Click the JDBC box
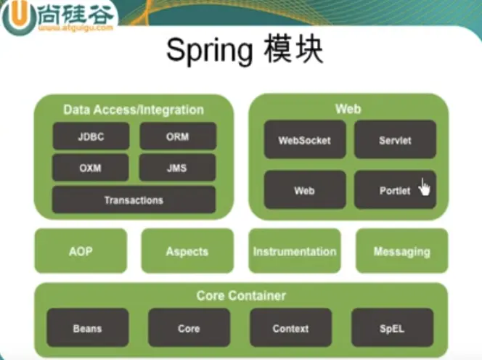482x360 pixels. pos(91,136)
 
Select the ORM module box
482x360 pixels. pos(177,136)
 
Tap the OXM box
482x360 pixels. pos(91,168)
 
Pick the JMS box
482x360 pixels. pos(177,168)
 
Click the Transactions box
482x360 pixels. pos(134,200)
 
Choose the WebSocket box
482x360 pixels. pos(304,139)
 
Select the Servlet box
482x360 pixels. pos(395,139)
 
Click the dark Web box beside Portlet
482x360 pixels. pos(304,190)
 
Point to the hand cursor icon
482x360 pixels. pos(424,188)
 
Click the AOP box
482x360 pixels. pos(81,251)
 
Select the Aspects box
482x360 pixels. pos(187,251)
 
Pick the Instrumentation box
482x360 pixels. pos(295,251)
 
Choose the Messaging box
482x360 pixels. pos(401,251)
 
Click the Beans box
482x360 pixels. pos(87,328)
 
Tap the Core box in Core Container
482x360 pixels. pos(189,328)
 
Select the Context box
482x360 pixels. pos(290,328)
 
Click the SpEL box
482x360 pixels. pos(392,328)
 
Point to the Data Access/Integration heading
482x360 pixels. pos(134,110)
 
